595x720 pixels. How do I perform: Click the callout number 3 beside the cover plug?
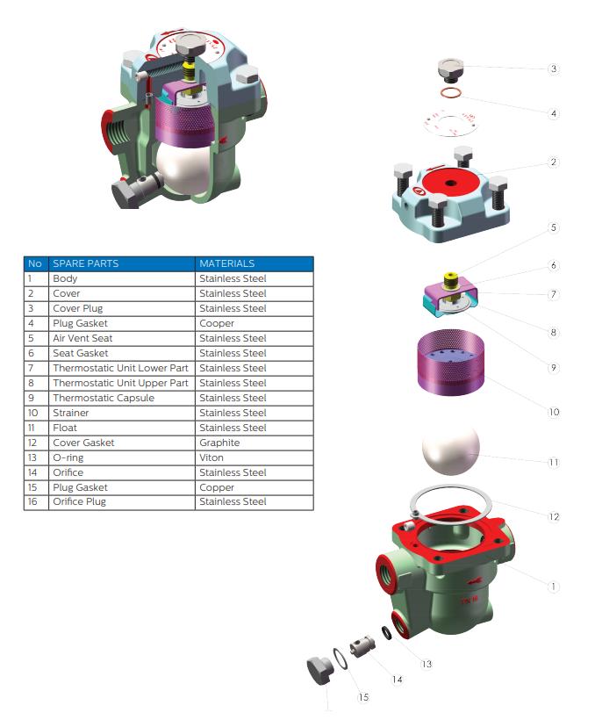554,68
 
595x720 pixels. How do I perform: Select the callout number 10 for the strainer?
554,412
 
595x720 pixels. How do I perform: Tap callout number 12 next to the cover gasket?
554,516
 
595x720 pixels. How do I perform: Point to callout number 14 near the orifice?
398,679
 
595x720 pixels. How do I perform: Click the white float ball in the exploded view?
450,450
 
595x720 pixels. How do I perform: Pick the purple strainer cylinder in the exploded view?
450,362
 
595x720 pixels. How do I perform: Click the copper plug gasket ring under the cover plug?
451,93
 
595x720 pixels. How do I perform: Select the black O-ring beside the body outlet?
387,633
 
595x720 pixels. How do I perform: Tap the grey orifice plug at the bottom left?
319,671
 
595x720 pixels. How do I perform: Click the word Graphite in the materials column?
219,443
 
